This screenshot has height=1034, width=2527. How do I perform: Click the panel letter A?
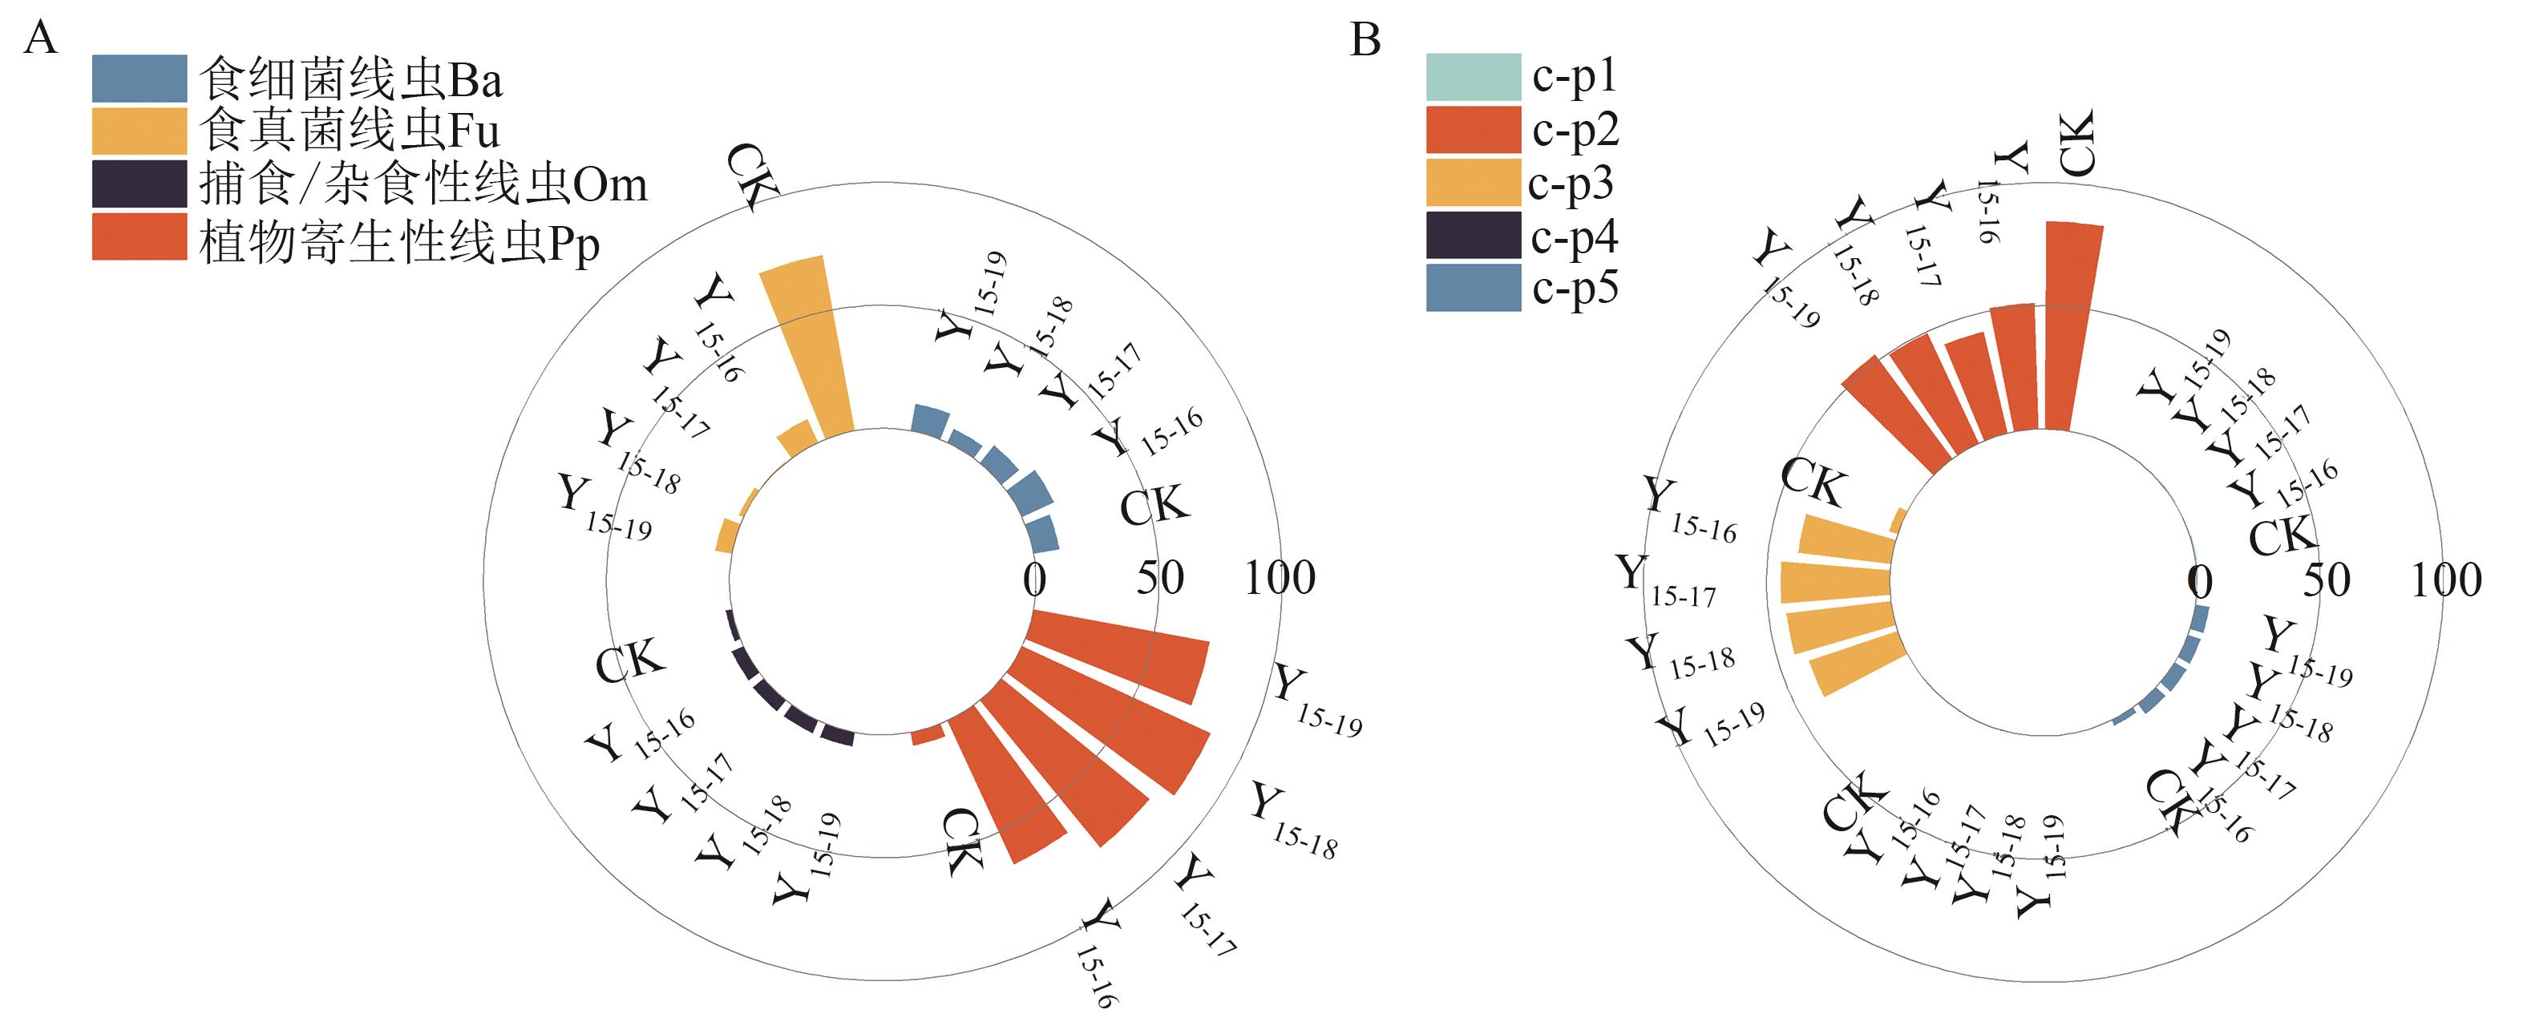coord(40,39)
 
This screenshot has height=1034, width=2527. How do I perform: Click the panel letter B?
coord(1365,39)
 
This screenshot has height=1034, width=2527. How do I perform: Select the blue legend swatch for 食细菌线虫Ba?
coord(139,79)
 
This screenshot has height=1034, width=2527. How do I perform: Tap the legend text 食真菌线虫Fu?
coord(350,131)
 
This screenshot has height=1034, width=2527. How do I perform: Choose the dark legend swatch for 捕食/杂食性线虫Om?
coord(139,184)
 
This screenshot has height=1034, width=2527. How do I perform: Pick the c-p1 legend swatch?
coord(1473,76)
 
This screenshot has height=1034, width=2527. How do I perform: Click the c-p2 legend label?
coord(1575,130)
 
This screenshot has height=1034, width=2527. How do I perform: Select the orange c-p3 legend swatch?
coord(1473,183)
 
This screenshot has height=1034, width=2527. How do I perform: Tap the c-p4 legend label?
coord(1575,236)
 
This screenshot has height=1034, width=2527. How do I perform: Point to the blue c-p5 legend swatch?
coord(1473,289)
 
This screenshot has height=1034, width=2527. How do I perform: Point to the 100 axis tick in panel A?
coord(1280,578)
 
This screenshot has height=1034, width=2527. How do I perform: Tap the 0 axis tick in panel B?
coord(2201,582)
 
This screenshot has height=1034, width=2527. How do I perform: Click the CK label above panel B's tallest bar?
coord(2076,143)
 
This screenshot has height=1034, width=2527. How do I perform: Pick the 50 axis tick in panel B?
coord(2327,580)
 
